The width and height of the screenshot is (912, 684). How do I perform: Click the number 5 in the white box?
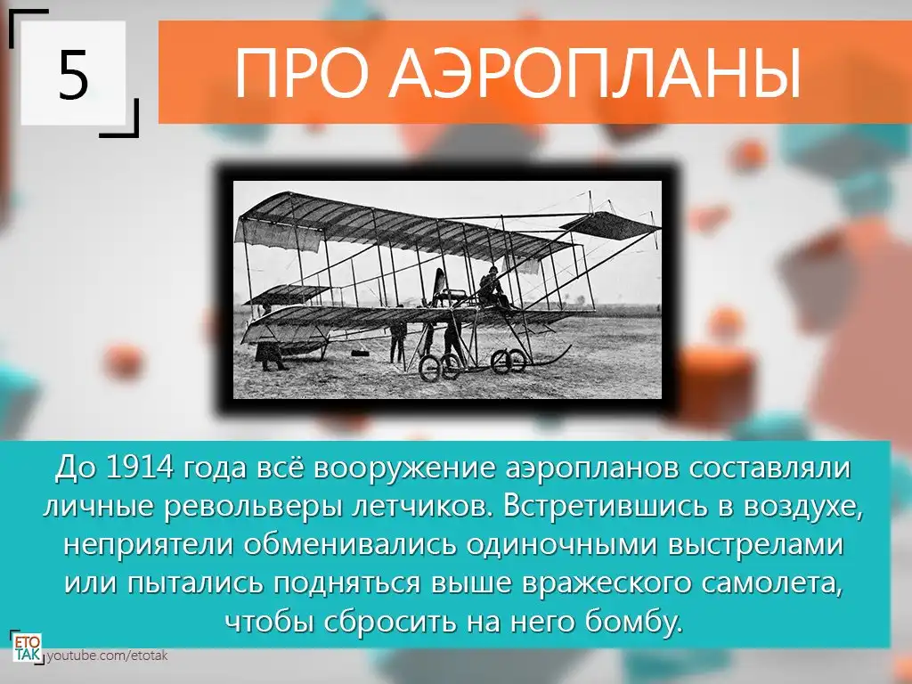pos(73,74)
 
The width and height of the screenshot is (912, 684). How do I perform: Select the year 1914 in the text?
pos(140,468)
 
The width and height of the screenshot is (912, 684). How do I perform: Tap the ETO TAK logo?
pos(27,647)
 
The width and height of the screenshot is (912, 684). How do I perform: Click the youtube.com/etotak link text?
pos(107,655)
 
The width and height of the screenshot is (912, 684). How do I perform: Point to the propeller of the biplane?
pos(437,288)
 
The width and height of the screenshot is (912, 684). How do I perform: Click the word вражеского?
pos(606,583)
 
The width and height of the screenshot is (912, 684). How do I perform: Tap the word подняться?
pos(346,583)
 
